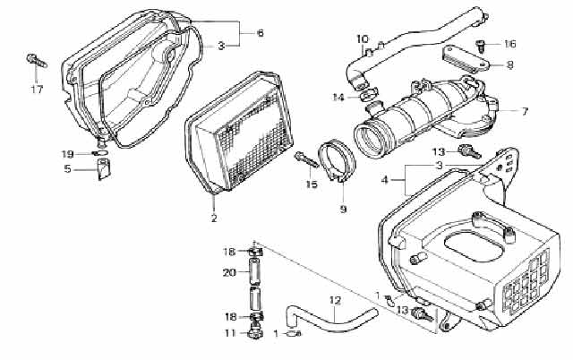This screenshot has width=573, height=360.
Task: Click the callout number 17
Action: (x=37, y=90)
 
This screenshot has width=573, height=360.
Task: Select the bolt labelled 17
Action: (x=37, y=61)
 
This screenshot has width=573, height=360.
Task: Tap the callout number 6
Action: (x=261, y=33)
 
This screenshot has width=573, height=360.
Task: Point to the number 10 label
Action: (x=363, y=39)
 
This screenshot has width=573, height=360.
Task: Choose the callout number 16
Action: (x=509, y=44)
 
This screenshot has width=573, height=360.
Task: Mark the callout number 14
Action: (x=338, y=98)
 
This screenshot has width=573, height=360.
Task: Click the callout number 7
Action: (x=526, y=111)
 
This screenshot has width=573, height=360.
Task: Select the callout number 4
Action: (x=384, y=180)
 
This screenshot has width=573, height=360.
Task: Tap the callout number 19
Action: (x=67, y=154)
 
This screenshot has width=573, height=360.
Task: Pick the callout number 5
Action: (x=68, y=169)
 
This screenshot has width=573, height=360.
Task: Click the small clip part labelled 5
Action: (x=104, y=169)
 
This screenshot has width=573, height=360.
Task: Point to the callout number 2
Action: (x=214, y=219)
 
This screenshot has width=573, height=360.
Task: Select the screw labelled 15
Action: (x=306, y=160)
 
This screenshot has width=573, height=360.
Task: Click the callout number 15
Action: (x=312, y=184)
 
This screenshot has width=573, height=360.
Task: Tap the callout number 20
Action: (x=229, y=272)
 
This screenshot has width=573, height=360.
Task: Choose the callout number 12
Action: (x=335, y=301)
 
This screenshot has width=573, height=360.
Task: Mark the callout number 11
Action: (x=231, y=333)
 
